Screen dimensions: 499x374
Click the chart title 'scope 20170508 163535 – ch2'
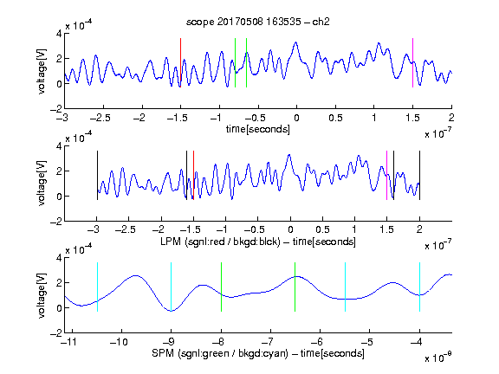(x=258, y=22)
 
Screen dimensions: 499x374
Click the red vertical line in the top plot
(x=180, y=62)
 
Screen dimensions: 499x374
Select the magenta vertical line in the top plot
(x=412, y=62)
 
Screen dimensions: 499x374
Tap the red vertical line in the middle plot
(x=193, y=175)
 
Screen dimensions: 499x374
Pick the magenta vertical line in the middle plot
(x=386, y=175)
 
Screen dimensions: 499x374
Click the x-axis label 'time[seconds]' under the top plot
(x=258, y=129)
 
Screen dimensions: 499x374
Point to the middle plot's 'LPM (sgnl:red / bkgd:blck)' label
(x=220, y=242)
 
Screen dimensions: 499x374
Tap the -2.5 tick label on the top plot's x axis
(x=100, y=118)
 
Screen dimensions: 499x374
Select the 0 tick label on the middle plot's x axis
(x=290, y=229)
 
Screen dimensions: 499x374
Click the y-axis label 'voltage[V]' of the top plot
(x=42, y=71)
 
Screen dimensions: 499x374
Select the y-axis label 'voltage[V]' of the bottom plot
(x=42, y=295)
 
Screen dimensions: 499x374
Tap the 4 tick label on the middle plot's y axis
(x=59, y=146)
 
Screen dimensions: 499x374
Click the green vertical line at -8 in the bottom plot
(x=221, y=287)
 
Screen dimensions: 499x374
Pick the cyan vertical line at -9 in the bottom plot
(x=171, y=287)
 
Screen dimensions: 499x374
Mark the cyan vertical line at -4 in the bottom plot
(x=419, y=287)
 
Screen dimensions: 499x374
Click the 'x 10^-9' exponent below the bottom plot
(x=438, y=358)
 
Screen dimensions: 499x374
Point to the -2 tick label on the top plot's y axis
(x=56, y=109)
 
